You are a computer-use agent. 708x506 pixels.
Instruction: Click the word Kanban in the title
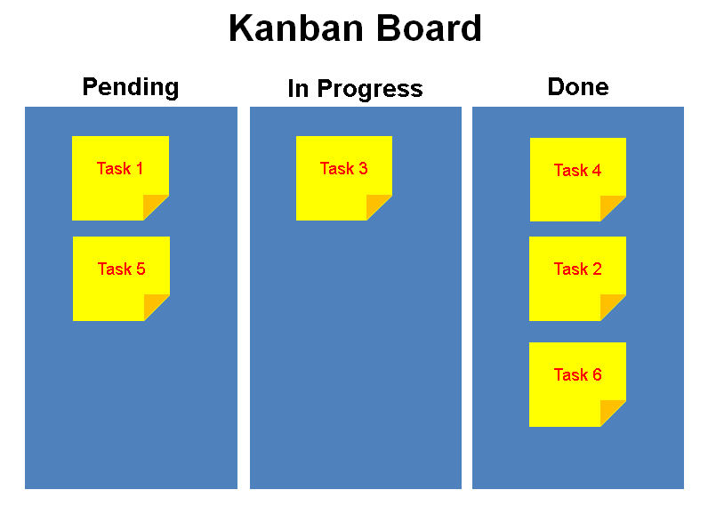click(296, 28)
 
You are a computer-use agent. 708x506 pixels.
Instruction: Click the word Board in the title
click(429, 28)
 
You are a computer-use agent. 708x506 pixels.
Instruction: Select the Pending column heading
click(131, 87)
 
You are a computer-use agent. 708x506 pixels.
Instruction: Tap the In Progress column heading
click(356, 89)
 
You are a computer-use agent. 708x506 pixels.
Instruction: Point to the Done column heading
click(578, 86)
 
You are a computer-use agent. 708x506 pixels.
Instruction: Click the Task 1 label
click(120, 168)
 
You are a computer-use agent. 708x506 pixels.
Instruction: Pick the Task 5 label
click(122, 269)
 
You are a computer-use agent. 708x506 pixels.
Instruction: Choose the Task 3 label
click(343, 168)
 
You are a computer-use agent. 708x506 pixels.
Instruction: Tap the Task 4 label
click(577, 170)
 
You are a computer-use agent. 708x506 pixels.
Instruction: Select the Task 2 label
click(577, 269)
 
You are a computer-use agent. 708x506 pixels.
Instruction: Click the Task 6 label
click(577, 374)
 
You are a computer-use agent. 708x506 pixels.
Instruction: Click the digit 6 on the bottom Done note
click(597, 374)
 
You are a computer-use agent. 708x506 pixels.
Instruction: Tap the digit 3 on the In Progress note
click(363, 168)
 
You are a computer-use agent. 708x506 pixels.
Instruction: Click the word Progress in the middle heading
click(370, 89)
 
